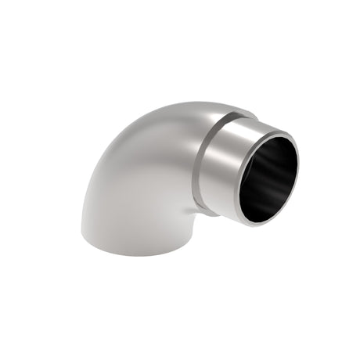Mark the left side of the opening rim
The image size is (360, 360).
coord(232,188)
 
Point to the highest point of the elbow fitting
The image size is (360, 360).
coord(196,100)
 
